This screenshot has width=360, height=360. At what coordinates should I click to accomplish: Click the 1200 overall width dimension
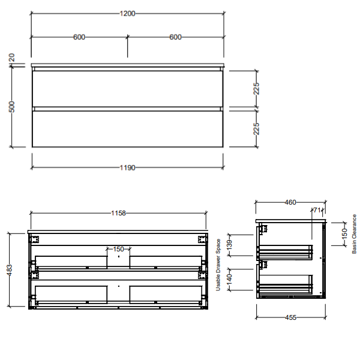127,13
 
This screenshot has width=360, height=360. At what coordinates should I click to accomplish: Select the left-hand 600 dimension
79,37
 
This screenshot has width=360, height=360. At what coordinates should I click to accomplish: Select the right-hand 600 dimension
175,37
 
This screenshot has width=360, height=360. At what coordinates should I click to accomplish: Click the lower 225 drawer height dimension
256,128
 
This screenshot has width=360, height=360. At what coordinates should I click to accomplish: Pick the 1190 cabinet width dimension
127,167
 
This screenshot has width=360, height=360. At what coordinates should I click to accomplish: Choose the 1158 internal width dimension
119,212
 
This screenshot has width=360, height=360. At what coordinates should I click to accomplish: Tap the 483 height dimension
9,270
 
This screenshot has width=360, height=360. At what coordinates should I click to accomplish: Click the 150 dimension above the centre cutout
118,249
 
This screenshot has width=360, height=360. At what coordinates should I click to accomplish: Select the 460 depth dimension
290,203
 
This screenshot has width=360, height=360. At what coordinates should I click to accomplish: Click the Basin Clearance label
354,233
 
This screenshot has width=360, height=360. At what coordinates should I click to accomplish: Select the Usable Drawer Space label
219,265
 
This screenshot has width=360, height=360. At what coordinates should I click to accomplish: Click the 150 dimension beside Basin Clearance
344,233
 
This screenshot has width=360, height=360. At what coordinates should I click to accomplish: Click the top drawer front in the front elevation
127,89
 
